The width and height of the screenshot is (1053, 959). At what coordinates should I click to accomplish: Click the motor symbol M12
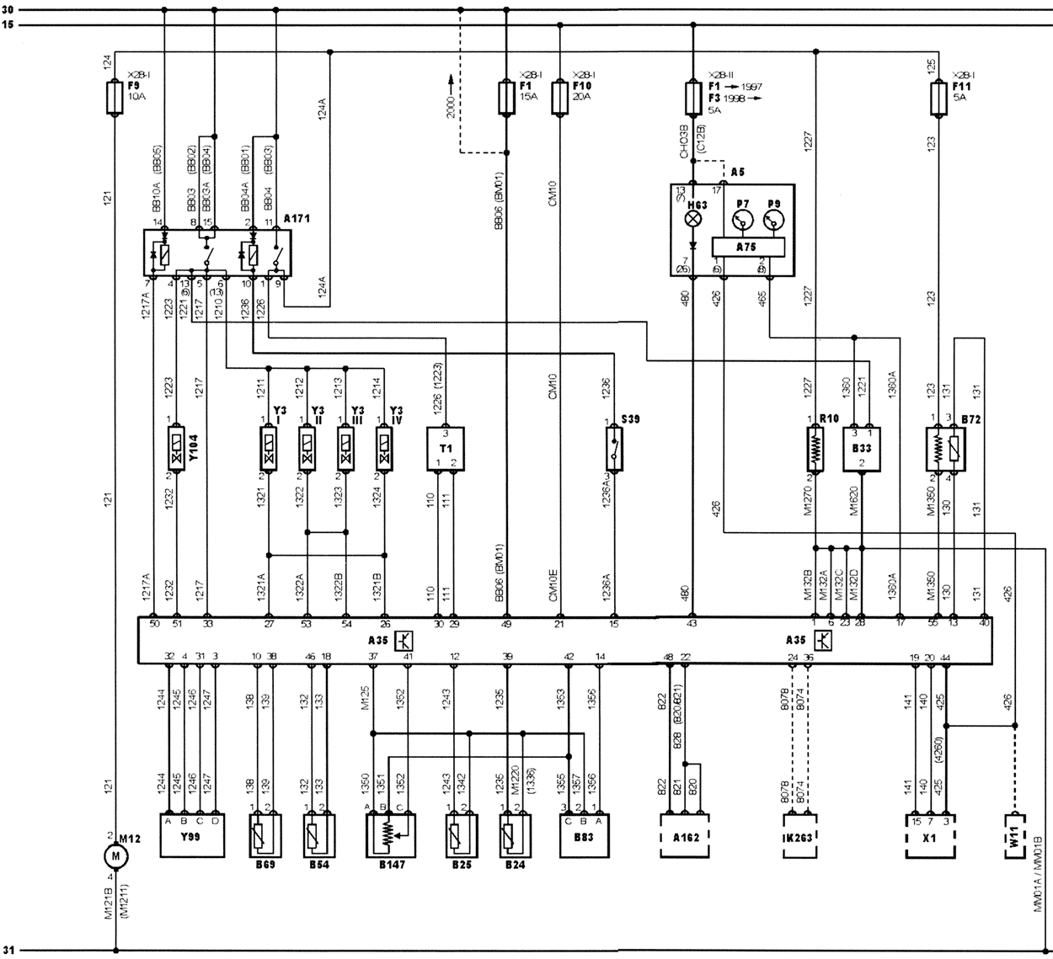point(115,855)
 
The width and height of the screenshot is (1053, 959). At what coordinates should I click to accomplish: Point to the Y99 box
point(193,834)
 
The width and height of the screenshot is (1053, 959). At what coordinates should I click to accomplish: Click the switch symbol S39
point(616,448)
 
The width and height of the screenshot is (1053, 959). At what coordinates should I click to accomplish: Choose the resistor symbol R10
point(816,449)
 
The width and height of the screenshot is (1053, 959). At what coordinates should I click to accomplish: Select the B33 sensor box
point(862,449)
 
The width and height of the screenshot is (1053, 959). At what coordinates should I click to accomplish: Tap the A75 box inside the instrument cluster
point(748,246)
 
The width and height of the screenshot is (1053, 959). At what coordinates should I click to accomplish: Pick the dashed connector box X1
point(930,835)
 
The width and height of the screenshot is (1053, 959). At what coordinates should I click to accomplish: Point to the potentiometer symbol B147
point(387,834)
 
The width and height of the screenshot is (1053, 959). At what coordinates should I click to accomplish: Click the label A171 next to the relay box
point(297,218)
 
